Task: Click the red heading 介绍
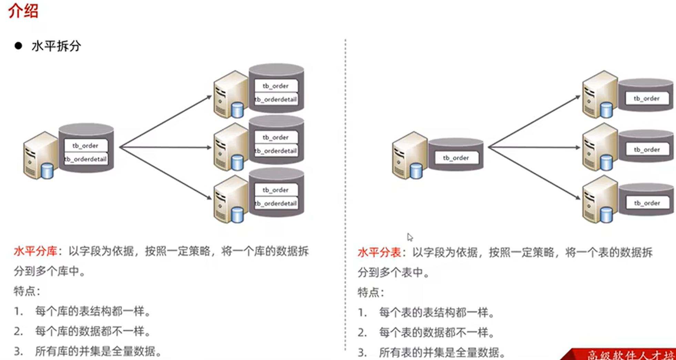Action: (x=23, y=10)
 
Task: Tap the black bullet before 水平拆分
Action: (x=18, y=46)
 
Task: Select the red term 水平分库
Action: (x=35, y=251)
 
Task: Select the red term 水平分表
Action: (x=379, y=253)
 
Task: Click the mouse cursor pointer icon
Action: (x=410, y=237)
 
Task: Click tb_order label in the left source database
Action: (x=85, y=146)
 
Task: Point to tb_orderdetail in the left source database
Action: (x=86, y=159)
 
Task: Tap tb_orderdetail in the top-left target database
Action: (x=276, y=100)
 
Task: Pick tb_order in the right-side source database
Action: (x=456, y=158)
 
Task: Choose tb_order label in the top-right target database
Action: (x=647, y=99)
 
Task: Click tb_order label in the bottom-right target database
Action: (x=647, y=203)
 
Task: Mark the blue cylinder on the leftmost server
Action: (x=47, y=171)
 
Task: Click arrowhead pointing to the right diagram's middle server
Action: (x=578, y=147)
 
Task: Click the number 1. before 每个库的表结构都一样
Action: (x=18, y=311)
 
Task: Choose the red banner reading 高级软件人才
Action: (x=620, y=354)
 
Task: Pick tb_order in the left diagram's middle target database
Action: (x=276, y=137)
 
